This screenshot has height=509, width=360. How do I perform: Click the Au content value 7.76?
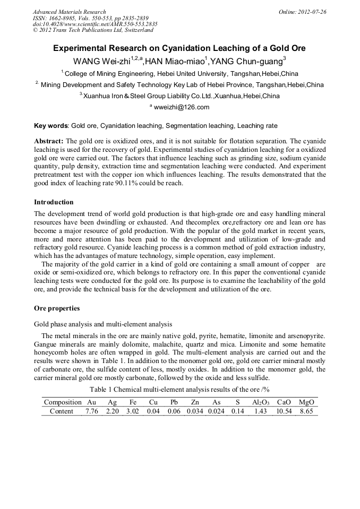click(92, 411)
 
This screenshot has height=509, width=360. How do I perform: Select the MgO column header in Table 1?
click(306, 402)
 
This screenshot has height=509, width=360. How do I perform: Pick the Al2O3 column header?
click(260, 402)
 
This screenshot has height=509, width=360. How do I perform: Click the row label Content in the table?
click(62, 411)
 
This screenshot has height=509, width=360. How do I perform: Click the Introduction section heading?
click(54, 202)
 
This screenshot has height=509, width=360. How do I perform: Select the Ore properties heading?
click(57, 308)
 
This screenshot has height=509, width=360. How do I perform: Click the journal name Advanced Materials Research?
click(69, 12)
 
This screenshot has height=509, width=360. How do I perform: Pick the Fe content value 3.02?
click(132, 411)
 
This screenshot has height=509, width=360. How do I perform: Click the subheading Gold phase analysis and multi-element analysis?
click(103, 324)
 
